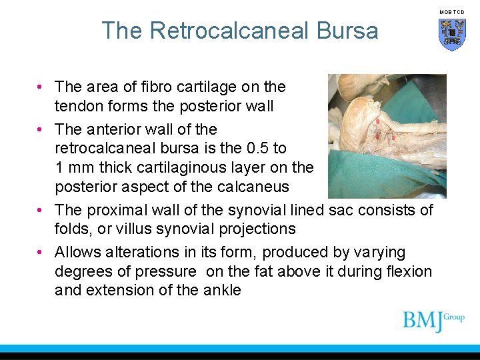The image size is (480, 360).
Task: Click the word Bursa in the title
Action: click(x=351, y=31)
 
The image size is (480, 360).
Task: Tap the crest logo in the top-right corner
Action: click(x=451, y=34)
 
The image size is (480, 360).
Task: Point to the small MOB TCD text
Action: click(x=451, y=12)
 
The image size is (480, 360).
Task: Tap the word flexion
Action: click(x=408, y=271)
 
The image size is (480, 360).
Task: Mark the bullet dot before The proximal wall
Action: click(x=41, y=210)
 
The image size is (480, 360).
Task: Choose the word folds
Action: click(x=73, y=229)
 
